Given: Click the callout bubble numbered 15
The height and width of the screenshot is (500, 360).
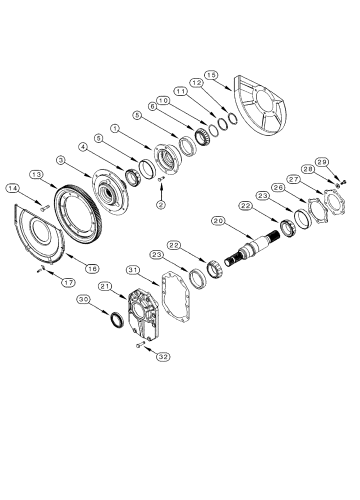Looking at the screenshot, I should pyautogui.click(x=212, y=75).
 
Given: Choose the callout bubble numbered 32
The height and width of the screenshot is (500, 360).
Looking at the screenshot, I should pyautogui.click(x=162, y=356).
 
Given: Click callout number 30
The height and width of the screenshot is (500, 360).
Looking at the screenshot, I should pyautogui.click(x=83, y=299).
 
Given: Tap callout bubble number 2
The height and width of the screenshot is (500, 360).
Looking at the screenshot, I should pyautogui.click(x=161, y=204).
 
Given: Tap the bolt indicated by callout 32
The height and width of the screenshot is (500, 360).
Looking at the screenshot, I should pyautogui.click(x=139, y=344).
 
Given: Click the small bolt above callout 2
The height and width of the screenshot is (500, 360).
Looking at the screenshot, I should pyautogui.click(x=160, y=179).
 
